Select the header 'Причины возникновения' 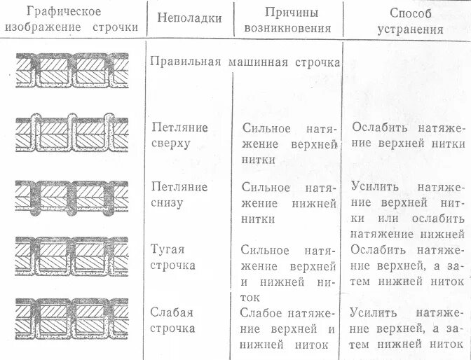pyautogui.click(x=288, y=21)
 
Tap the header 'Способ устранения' pyautogui.click(x=409, y=21)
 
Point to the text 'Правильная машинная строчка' pyautogui.click(x=245, y=62)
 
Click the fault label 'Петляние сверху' pyautogui.click(x=180, y=136)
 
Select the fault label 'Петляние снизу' pyautogui.click(x=180, y=195)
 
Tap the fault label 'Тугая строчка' pyautogui.click(x=172, y=256)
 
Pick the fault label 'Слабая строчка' pyautogui.click(x=172, y=320)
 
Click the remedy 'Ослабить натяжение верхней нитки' pyautogui.click(x=408, y=136)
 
